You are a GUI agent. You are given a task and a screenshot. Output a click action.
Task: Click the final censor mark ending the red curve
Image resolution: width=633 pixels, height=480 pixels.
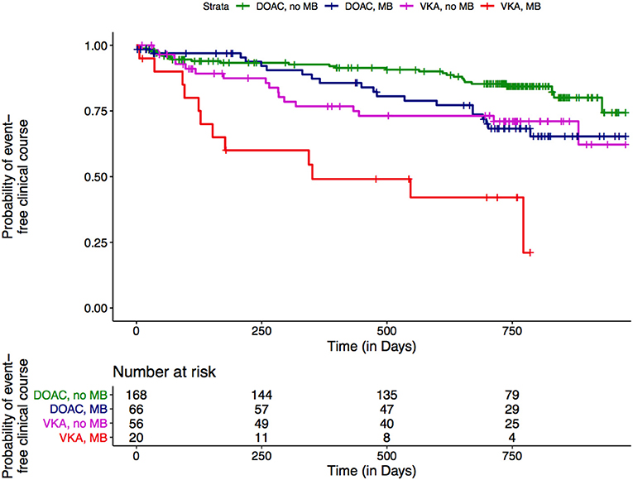click(x=530, y=252)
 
